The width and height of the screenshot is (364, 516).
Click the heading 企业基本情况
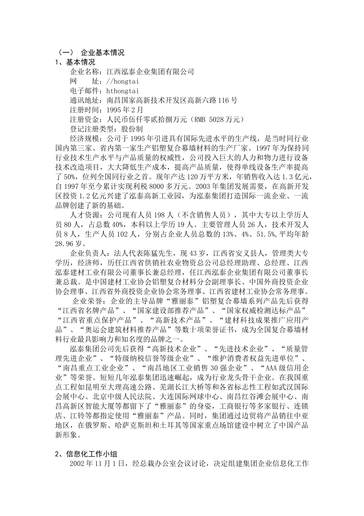103,53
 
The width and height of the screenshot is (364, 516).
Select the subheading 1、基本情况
75,62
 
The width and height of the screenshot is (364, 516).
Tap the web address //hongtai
122,81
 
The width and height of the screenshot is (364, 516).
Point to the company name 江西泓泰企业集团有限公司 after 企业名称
150,72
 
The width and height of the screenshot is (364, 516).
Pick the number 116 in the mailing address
223,101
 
